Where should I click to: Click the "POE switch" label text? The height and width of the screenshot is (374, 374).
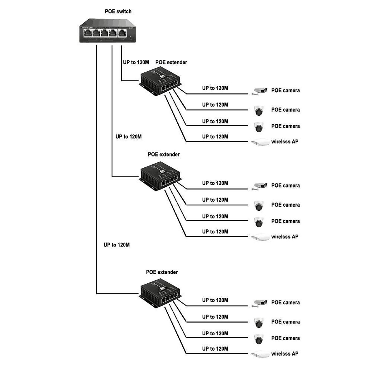118,12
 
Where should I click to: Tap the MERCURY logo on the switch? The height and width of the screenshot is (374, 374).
88,27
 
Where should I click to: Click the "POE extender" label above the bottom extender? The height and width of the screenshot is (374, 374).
162,272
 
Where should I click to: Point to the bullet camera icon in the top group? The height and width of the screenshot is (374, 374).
259,91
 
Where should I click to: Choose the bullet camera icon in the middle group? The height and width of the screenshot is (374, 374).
259,186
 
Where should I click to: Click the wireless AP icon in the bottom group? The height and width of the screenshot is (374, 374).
260,354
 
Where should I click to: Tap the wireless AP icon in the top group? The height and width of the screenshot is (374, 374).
260,142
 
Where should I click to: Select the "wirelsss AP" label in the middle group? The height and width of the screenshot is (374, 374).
285,237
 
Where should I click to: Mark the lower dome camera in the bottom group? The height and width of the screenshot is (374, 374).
259,339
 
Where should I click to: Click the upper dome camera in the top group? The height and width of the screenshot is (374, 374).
259,110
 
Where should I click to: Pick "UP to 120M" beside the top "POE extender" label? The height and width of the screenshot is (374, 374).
136,62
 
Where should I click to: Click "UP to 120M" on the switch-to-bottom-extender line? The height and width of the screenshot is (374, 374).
117,245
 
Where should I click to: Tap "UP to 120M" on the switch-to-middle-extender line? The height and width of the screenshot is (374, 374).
128,137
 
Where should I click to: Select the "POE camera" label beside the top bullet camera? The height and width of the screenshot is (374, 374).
285,90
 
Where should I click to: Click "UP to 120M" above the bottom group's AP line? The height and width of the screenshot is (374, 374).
215,348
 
